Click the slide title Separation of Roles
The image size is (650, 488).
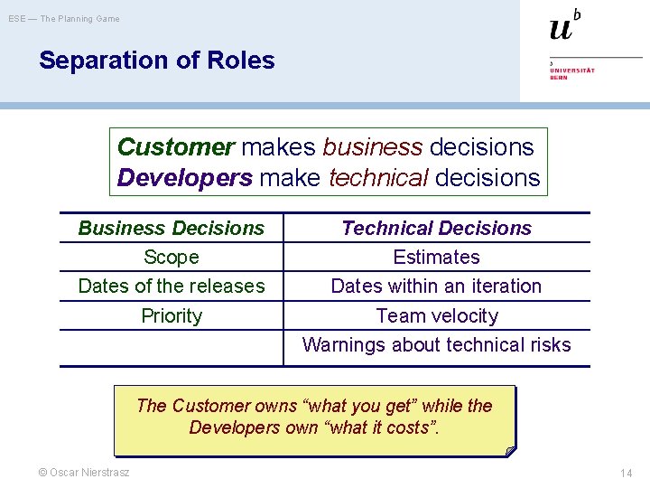(x=156, y=61)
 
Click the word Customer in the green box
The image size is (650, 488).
(x=176, y=146)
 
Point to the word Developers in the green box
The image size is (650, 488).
(x=184, y=177)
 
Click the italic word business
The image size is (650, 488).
(x=372, y=146)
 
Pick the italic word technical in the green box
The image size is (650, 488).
(x=378, y=177)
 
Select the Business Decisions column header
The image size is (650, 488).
(x=172, y=228)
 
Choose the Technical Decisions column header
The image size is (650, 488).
(x=436, y=228)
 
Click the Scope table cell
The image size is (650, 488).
(x=172, y=257)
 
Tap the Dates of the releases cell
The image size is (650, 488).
(x=172, y=286)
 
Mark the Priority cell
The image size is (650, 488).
(x=172, y=315)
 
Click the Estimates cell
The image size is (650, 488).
(x=436, y=257)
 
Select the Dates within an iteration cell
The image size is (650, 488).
(x=436, y=286)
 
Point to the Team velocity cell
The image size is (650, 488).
(x=436, y=315)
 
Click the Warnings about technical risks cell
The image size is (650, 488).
(x=436, y=344)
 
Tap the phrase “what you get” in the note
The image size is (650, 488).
(x=370, y=406)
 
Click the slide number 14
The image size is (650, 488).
(x=626, y=473)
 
